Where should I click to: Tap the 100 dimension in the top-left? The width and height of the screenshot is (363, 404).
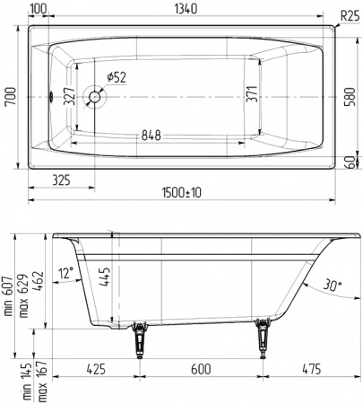click(39, 8)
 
